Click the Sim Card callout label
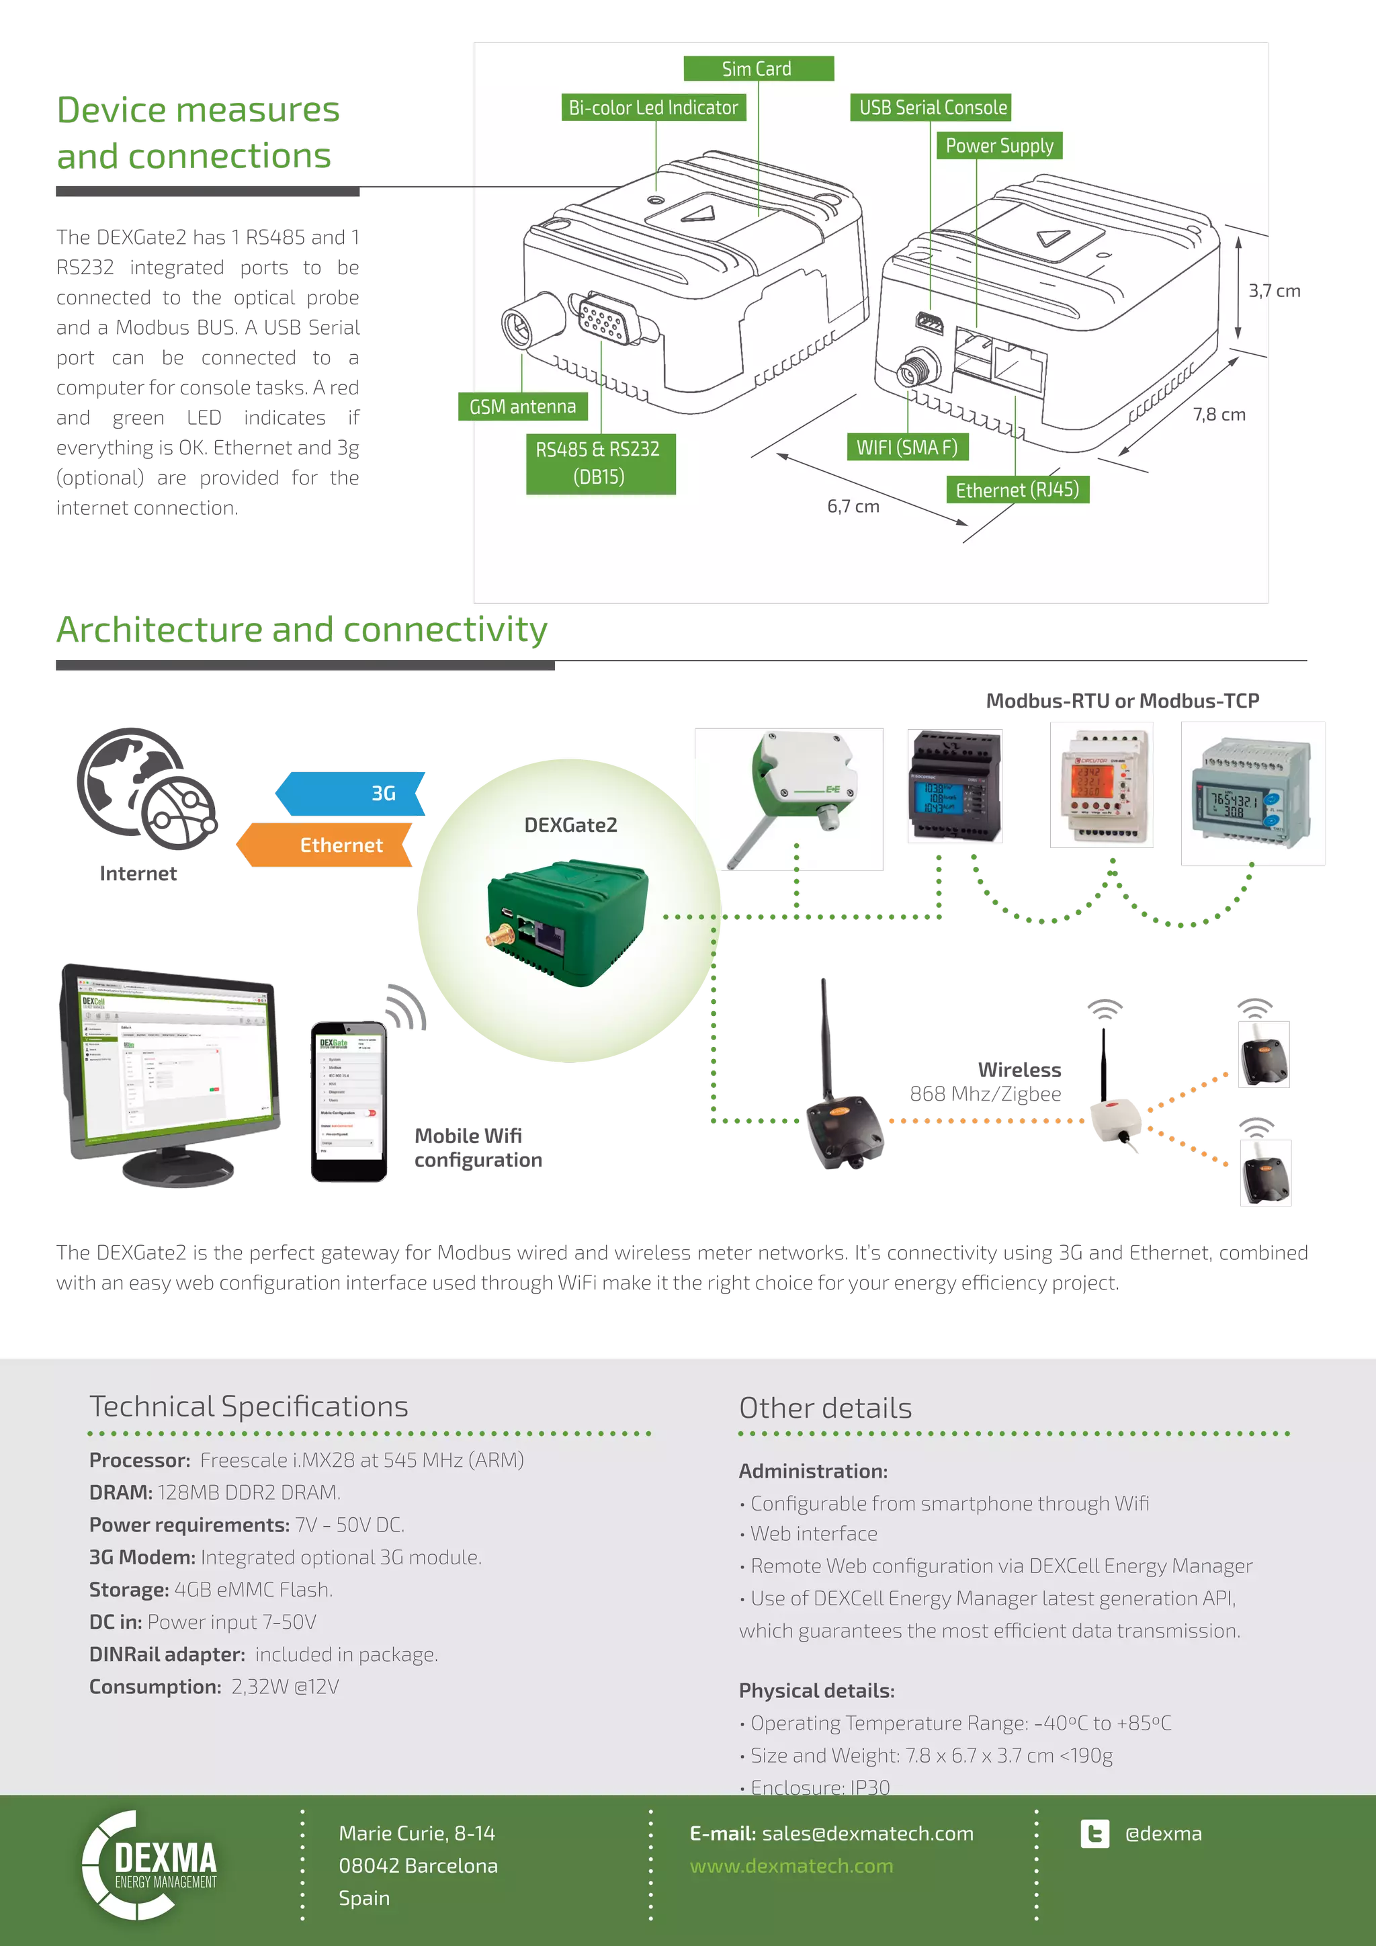757,69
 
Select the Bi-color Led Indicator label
653,108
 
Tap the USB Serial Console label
932,108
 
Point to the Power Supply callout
999,146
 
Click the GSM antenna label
522,407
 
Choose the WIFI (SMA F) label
906,448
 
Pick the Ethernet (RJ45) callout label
1017,490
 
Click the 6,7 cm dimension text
853,507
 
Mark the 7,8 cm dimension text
1219,415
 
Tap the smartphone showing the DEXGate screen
347,1102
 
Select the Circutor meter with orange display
1101,785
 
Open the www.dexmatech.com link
791,1865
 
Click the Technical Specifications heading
248,1406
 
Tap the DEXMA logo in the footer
150,1865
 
